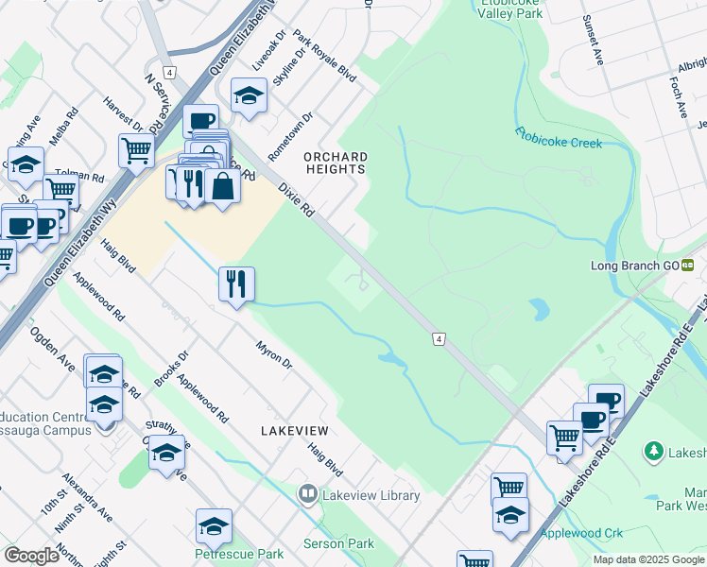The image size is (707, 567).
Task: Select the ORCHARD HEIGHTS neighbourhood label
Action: pos(334,163)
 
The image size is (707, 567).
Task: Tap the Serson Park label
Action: pos(338,543)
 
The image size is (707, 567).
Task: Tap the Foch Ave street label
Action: pos(678,97)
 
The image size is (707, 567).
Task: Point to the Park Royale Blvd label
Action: pos(324,56)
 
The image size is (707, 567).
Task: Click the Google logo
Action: pos(31,556)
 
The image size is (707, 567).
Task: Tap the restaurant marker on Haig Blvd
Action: pos(236,283)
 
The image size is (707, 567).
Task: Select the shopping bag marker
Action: pos(223,187)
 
